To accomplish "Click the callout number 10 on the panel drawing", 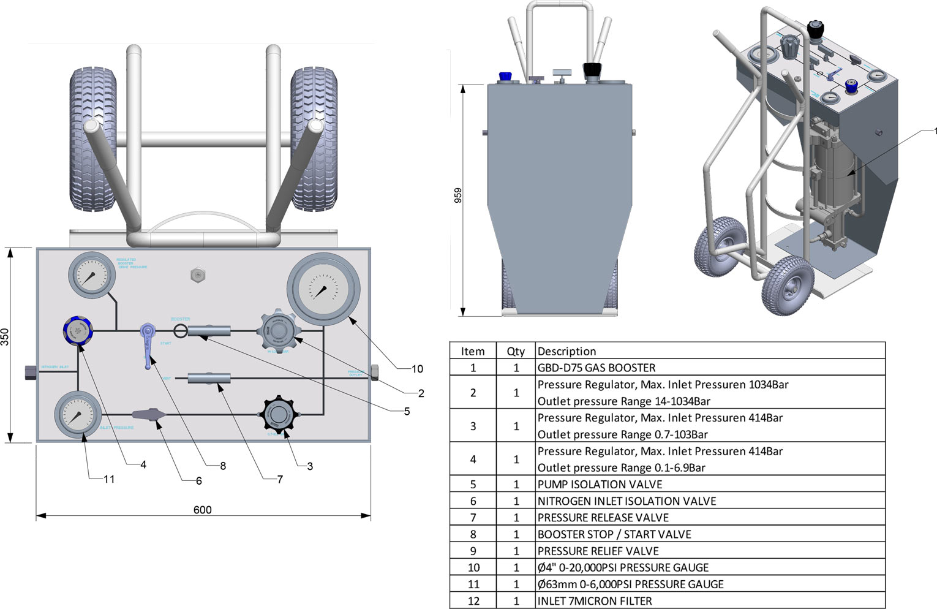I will tap(417, 369).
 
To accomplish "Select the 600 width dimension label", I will tap(202, 510).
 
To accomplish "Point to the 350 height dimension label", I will tap(6, 337).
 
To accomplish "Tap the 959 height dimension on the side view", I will tap(458, 195).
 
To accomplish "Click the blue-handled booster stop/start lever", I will tap(148, 346).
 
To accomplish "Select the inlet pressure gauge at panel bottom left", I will tap(78, 415).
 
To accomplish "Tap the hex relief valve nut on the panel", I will tap(197, 275).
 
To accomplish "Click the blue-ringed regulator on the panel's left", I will tap(78, 331).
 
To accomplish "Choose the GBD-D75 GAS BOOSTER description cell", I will tap(596, 368).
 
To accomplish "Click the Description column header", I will tap(566, 351).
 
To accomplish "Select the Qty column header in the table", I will tap(516, 351).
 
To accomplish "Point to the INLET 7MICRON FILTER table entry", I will tap(595, 601).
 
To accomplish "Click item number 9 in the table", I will tap(473, 551).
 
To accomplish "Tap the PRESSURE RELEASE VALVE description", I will tap(603, 518).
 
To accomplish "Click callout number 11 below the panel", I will tap(109, 479).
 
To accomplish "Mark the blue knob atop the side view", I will tap(505, 77).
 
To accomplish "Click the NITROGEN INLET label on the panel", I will tap(55, 367).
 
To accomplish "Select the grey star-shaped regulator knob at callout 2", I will tap(279, 331).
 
